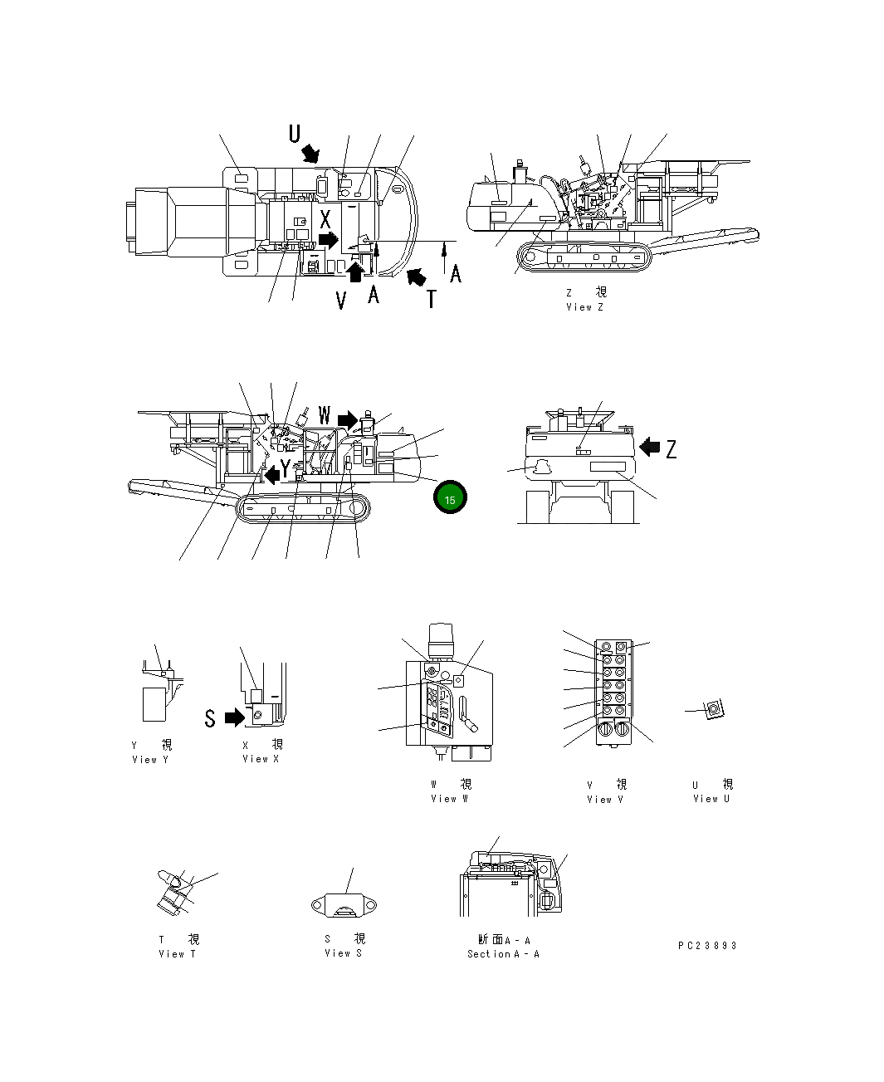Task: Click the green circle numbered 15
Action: click(450, 498)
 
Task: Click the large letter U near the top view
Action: click(295, 133)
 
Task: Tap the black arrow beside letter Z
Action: click(650, 448)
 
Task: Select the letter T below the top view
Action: click(431, 299)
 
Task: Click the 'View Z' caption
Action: click(584, 307)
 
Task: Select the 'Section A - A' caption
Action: click(503, 954)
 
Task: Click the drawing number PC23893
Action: click(707, 945)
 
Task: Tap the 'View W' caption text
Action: click(449, 799)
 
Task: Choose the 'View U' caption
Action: click(711, 799)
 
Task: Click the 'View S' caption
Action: click(343, 953)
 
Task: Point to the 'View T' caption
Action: click(177, 954)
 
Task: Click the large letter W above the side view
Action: click(325, 414)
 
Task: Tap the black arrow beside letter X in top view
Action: click(329, 240)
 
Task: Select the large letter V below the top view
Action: click(341, 300)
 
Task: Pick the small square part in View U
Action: click(713, 710)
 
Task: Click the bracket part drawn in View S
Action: click(343, 906)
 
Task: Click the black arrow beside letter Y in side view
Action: click(271, 475)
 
